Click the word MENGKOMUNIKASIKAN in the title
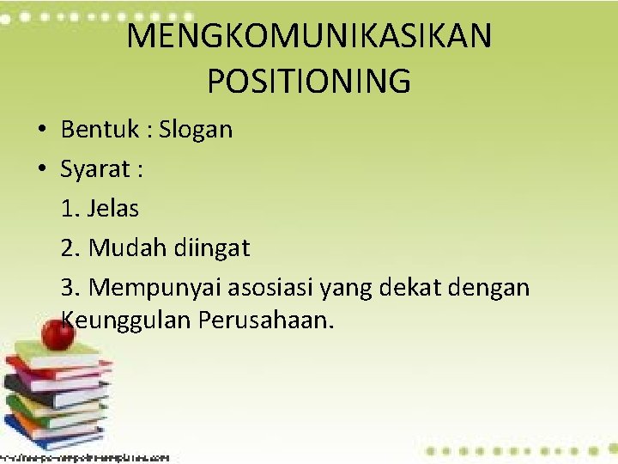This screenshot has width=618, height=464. [x=309, y=37]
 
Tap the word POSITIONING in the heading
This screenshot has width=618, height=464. [x=309, y=82]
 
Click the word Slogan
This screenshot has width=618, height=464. [x=196, y=130]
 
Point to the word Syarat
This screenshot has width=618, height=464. [x=94, y=169]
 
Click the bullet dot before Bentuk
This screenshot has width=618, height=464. [x=41, y=131]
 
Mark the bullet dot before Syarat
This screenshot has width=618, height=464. [x=41, y=169]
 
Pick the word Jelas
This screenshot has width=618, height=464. [x=113, y=208]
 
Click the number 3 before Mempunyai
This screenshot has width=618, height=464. [x=68, y=288]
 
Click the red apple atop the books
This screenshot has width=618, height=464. [x=57, y=333]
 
